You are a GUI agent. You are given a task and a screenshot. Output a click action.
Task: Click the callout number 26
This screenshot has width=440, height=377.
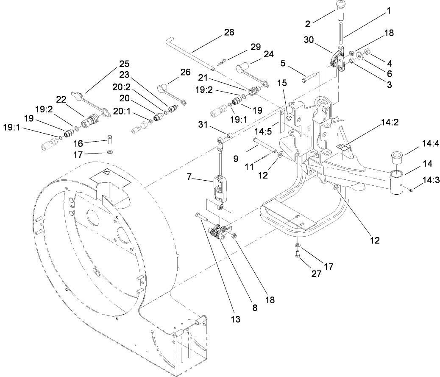pyautogui.click(x=185, y=72)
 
